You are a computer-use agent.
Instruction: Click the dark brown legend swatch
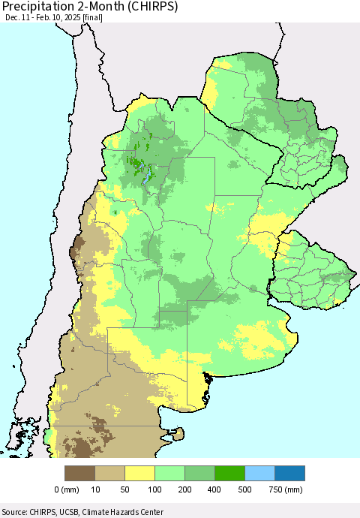pyautogui.click(x=80, y=473)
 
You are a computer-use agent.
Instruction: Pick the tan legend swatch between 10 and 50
pyautogui.click(x=110, y=473)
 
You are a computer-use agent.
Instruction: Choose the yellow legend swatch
pyautogui.click(x=140, y=473)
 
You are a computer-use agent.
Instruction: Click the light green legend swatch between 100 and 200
pyautogui.click(x=170, y=473)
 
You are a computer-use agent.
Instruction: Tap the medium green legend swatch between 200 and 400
pyautogui.click(x=200, y=473)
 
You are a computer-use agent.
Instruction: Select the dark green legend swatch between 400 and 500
pyautogui.click(x=230, y=473)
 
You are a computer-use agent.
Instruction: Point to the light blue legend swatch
pyautogui.click(x=260, y=473)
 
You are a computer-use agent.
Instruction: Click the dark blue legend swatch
pyautogui.click(x=290, y=473)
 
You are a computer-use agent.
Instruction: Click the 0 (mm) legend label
pyautogui.click(x=67, y=489)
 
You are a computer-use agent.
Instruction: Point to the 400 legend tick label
pyautogui.click(x=215, y=489)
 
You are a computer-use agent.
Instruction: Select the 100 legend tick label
pyautogui.click(x=155, y=489)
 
